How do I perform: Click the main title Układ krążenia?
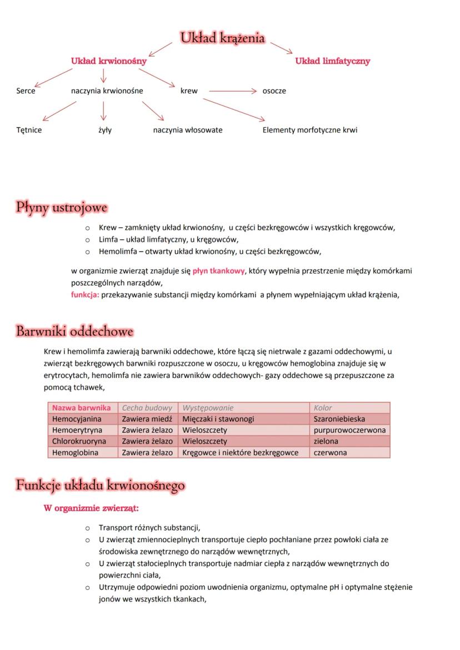pos(222,38)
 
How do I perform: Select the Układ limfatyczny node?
pos(332,61)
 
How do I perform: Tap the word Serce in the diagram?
pos(26,90)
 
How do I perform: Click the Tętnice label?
pos(29,130)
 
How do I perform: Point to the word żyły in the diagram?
pos(102,130)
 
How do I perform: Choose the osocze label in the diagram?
pos(274,90)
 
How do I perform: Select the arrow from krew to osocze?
pos(232,90)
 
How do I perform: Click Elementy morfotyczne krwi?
pos(310,130)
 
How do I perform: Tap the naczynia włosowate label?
pos(188,130)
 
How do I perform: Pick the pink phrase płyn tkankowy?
pos(219,271)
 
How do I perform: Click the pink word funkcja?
pos(85,295)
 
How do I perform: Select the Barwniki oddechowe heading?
pos(74,332)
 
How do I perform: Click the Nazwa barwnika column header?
pos(82,408)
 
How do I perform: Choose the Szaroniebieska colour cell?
pos(339,419)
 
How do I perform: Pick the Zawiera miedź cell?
pos(147,419)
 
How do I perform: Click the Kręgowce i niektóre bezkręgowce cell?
pos(240,452)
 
